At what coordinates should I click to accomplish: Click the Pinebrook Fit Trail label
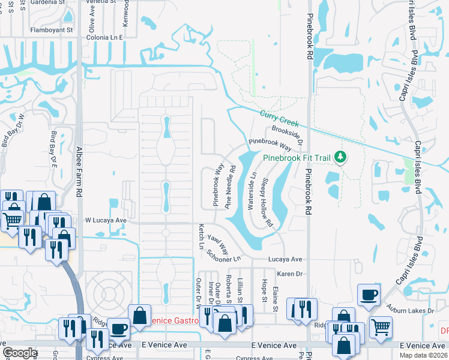tap(297, 158)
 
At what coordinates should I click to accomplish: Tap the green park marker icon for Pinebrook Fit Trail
tap(340, 157)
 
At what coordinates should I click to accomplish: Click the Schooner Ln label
tap(223, 255)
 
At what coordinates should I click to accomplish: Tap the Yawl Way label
tap(218, 242)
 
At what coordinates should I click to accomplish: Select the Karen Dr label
tap(288, 274)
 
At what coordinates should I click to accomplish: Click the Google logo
tap(20, 352)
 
